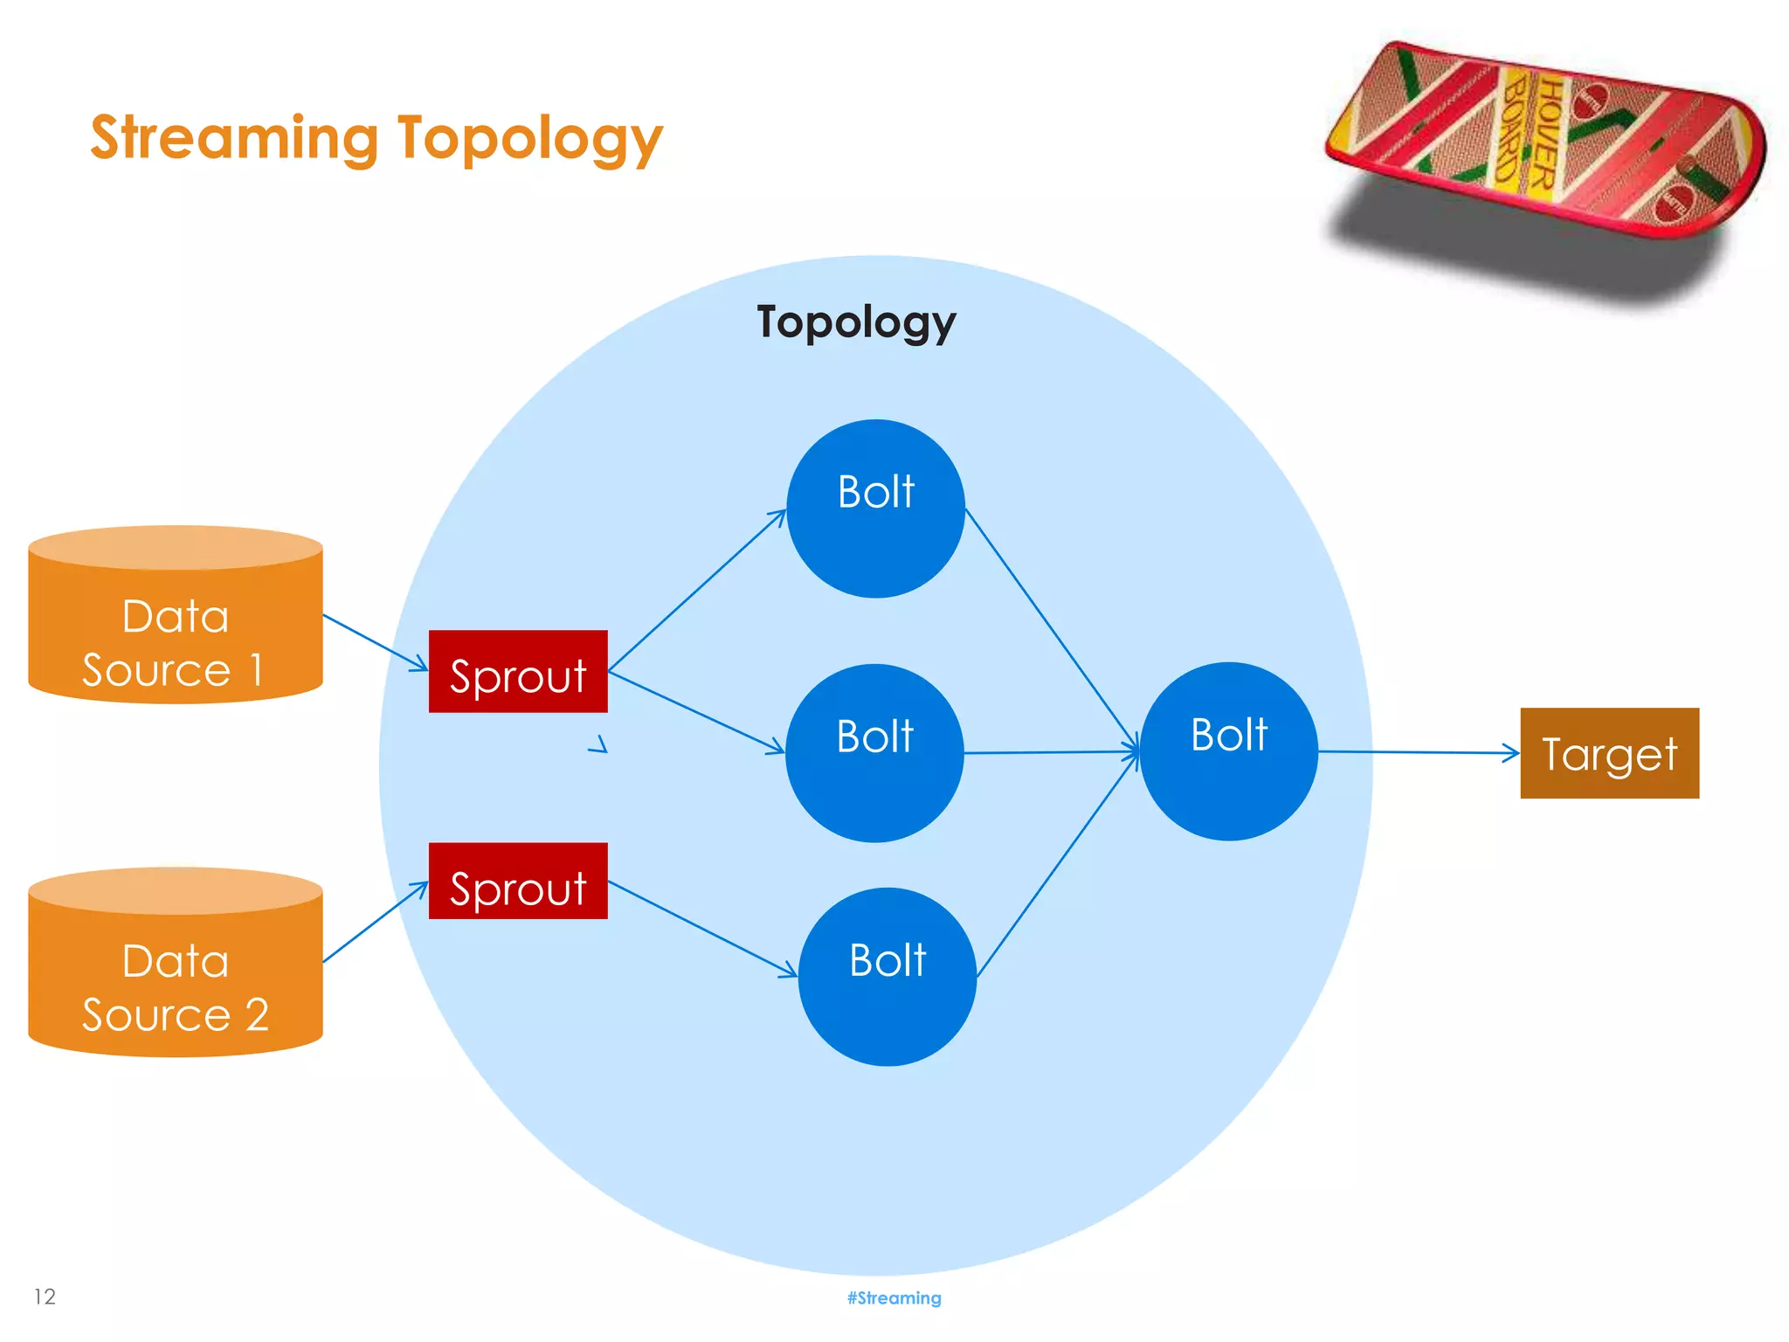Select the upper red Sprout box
(x=518, y=672)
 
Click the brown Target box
(x=1609, y=753)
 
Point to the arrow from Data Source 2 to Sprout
(x=376, y=922)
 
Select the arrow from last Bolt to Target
(x=1419, y=751)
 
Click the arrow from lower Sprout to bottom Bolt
(x=703, y=928)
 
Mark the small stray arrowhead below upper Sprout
(x=599, y=745)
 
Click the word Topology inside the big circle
(x=856, y=322)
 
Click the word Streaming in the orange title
(x=234, y=138)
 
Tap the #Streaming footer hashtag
(x=894, y=1297)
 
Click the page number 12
(x=45, y=1297)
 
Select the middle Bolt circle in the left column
(x=874, y=753)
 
